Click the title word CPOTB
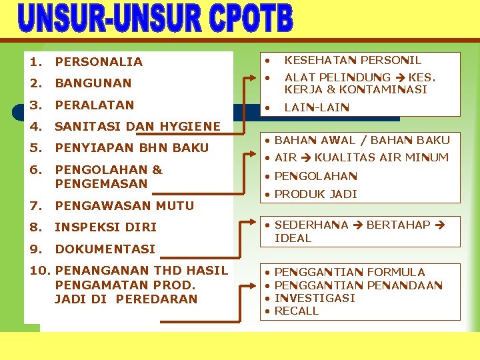point(249,19)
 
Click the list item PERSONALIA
point(99,62)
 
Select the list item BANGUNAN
point(93,83)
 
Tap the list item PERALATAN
point(94,105)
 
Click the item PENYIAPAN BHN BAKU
point(131,147)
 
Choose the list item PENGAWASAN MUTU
point(124,205)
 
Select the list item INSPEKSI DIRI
point(105,227)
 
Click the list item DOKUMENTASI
point(105,249)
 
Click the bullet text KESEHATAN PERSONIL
point(353,60)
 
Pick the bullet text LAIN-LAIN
point(316,107)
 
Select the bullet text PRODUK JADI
point(316,194)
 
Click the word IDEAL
point(293,238)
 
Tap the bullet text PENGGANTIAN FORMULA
point(349,272)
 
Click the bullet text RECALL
point(297,311)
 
